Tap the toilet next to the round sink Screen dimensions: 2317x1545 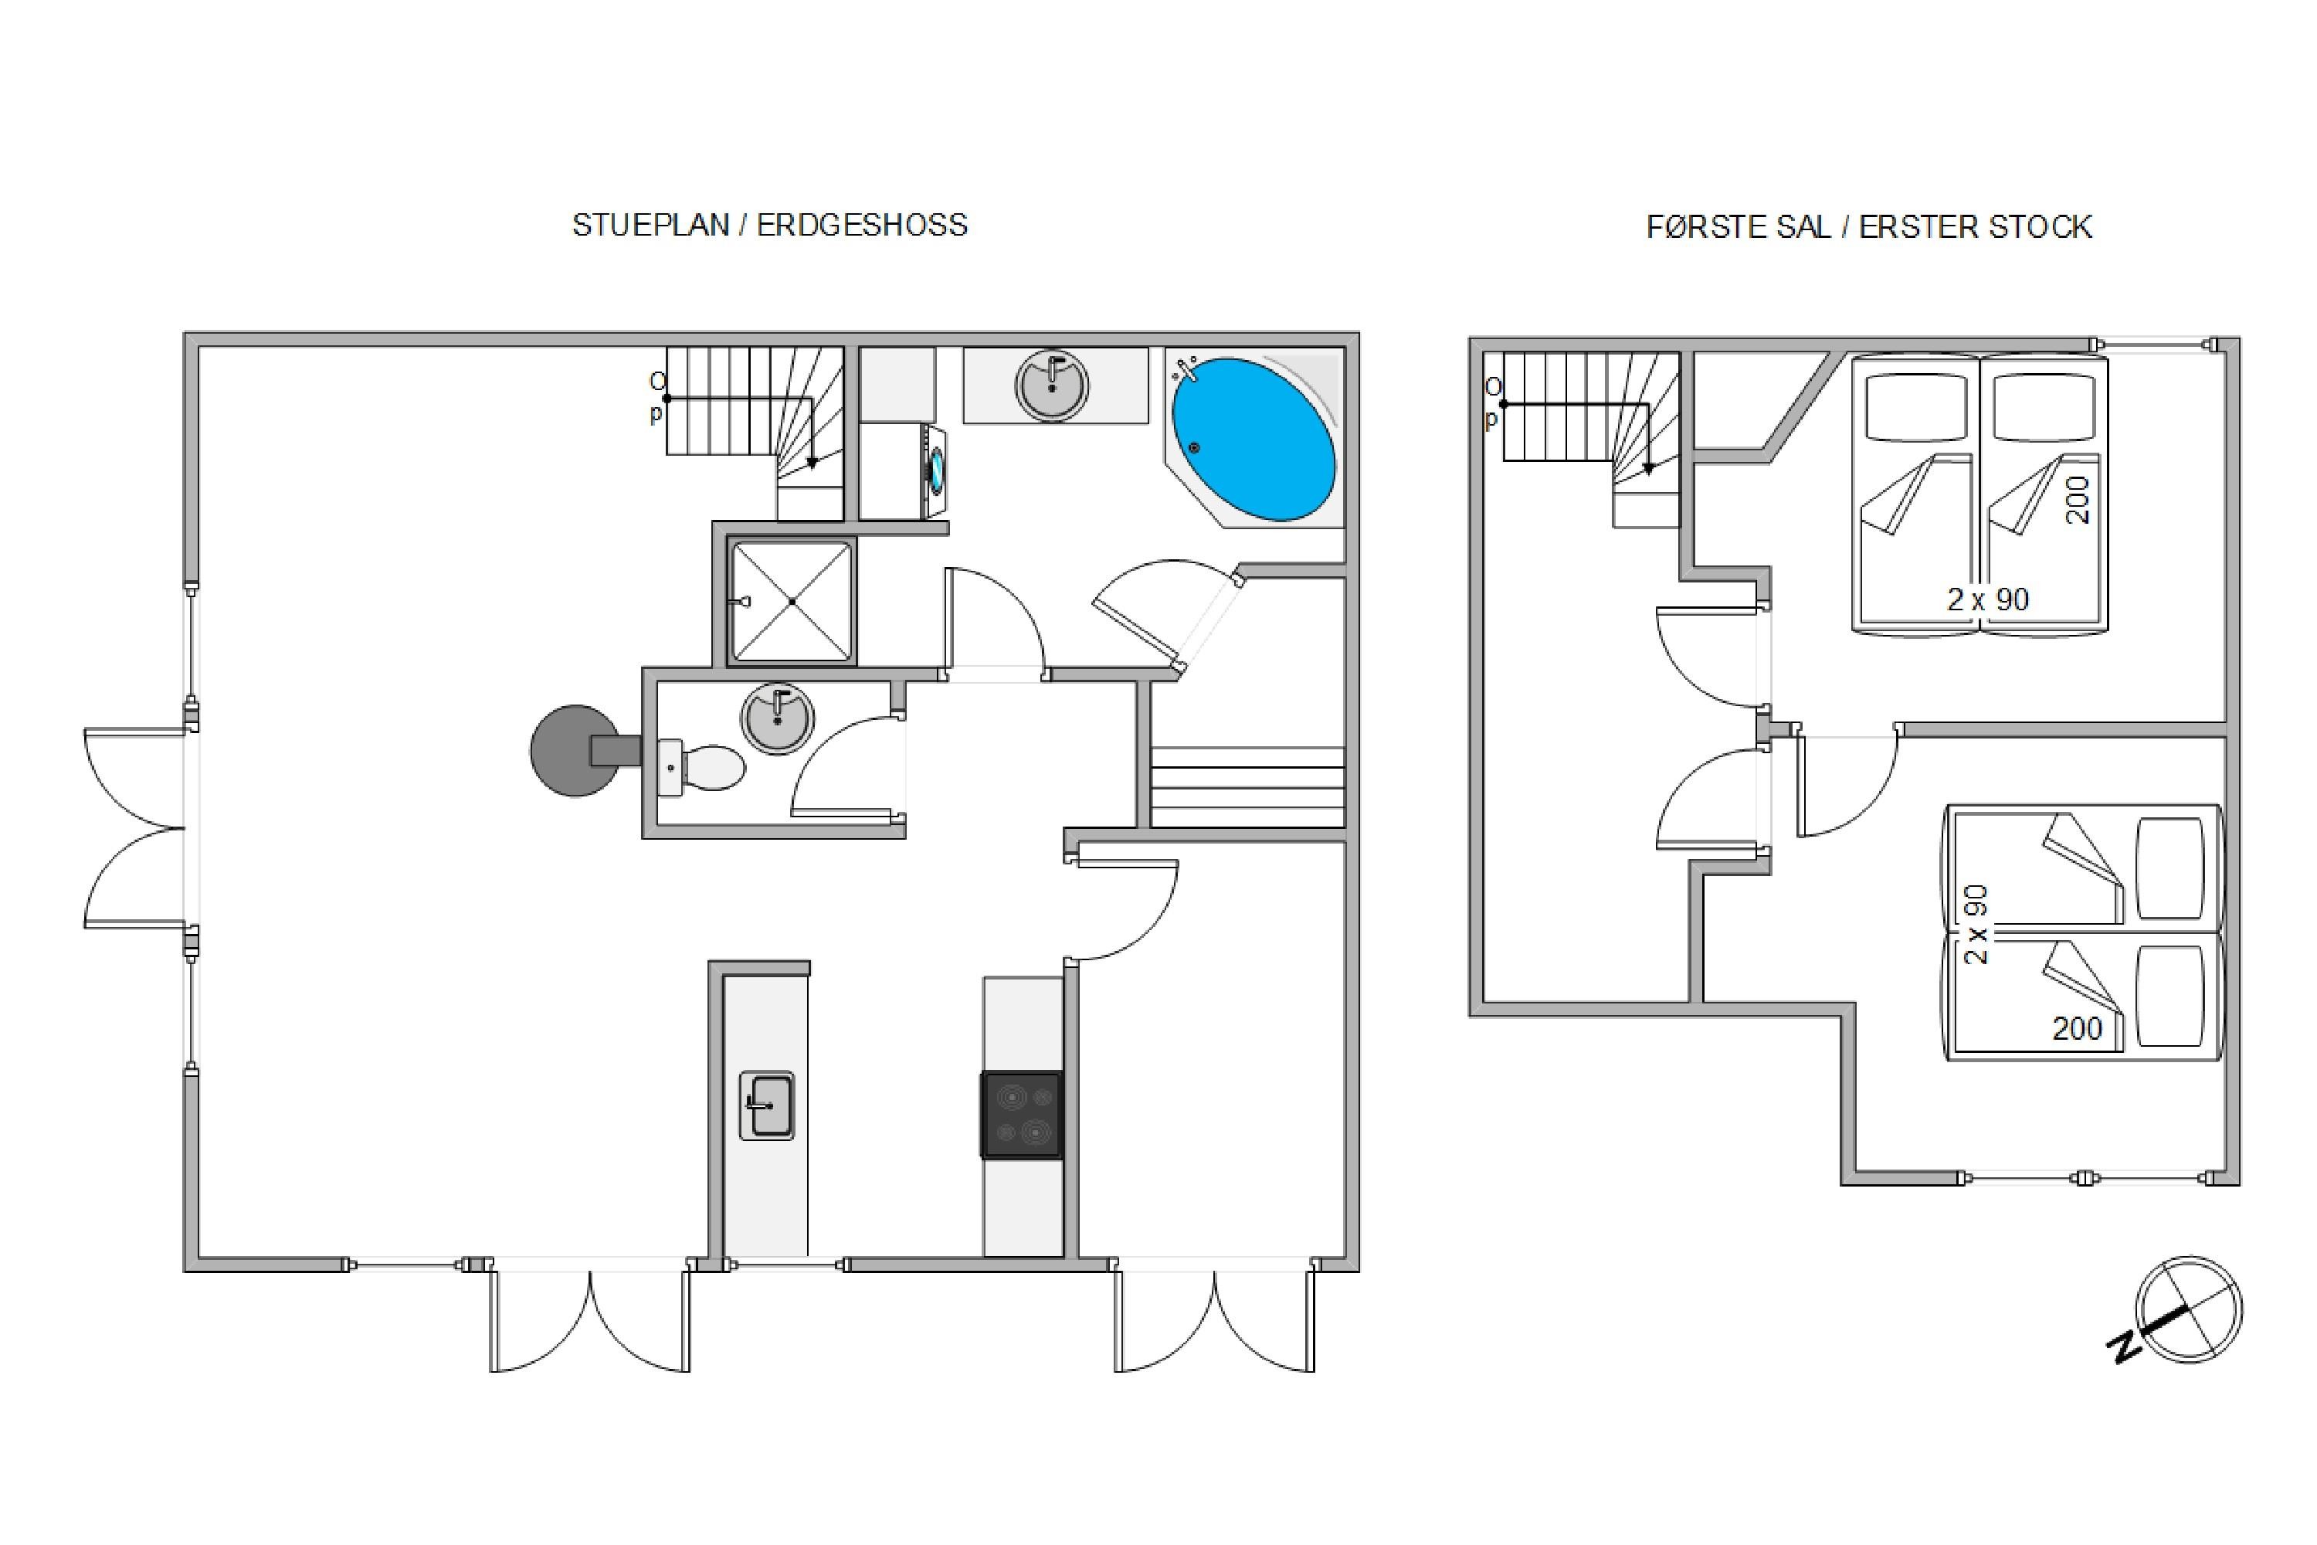[701, 766]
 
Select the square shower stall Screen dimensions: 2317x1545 [791, 601]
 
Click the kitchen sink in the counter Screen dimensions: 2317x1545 [766, 1105]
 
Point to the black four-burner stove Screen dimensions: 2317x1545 [1023, 1115]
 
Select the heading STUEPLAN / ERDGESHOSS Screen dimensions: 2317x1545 [769, 225]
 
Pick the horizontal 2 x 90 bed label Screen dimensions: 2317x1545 [1988, 599]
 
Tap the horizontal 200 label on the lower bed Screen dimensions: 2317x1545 [2078, 1029]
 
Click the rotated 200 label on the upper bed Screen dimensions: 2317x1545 [2077, 501]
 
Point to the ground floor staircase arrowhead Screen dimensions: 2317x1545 [812, 462]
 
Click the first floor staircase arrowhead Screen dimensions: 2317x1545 [1648, 470]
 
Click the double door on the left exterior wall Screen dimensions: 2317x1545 [135, 827]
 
